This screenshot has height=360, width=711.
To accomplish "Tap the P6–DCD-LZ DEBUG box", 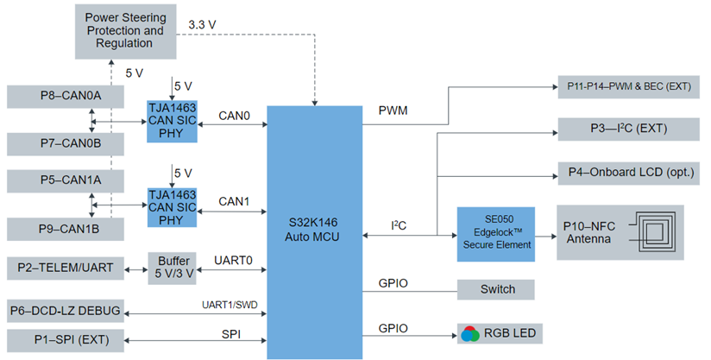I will pos(65,310).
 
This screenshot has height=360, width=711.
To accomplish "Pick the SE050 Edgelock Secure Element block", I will pos(495,233).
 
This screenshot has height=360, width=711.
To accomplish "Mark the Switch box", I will pos(495,290).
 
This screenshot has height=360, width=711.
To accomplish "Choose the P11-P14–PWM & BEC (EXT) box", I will pos(627,87).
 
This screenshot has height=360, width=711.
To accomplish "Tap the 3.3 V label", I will pos(204,25).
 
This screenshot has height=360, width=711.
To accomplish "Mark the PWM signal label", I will pos(393,111).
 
